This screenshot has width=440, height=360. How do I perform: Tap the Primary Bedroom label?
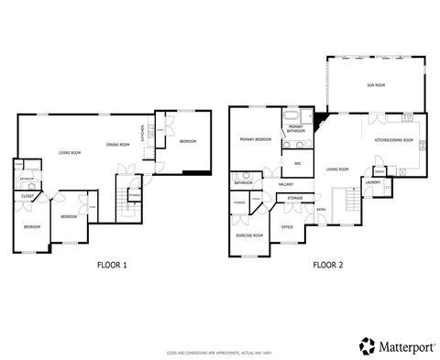coord(255,139)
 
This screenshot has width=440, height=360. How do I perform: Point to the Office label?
coord(287,226)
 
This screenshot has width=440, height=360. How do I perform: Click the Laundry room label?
coord(373,182)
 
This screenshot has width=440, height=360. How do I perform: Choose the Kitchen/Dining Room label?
coord(394,140)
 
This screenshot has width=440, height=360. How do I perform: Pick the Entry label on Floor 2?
coord(321,210)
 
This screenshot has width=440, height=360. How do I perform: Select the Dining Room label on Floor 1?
coord(116,145)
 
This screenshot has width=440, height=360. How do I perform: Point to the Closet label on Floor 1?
coord(27,195)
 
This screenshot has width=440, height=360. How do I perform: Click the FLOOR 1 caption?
coord(112,266)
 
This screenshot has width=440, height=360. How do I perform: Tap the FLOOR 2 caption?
coord(327,266)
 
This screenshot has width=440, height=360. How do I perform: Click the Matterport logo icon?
coord(366,345)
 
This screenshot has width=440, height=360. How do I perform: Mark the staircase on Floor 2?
coord(347,202)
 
